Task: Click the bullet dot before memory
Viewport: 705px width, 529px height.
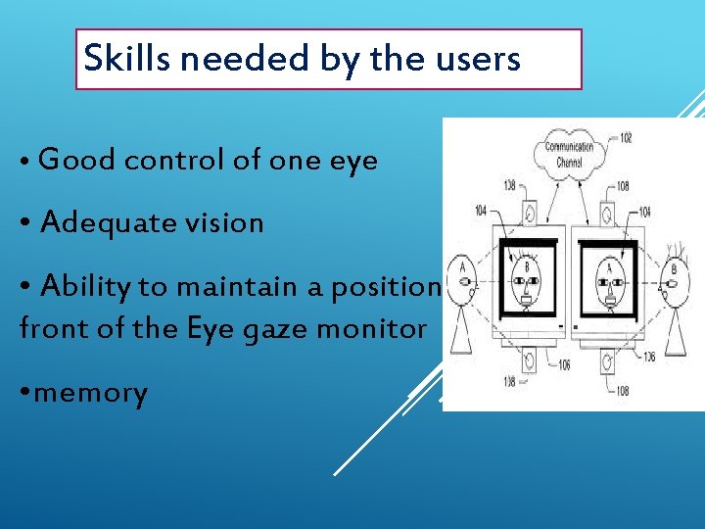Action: click(x=25, y=394)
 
